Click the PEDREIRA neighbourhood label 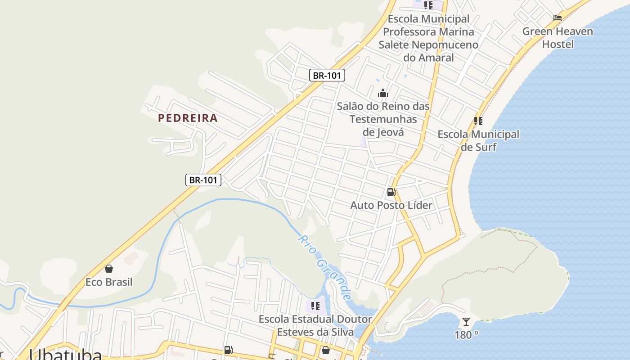[x=188, y=118]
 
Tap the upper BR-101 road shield [x=327, y=75]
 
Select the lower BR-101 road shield [x=203, y=180]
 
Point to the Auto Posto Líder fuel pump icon [x=391, y=193]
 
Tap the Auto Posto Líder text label [x=391, y=205]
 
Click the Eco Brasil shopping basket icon [x=108, y=269]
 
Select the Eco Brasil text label [x=109, y=282]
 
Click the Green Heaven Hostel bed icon [x=558, y=18]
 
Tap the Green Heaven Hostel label [x=558, y=38]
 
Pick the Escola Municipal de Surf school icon [x=478, y=121]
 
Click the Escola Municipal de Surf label [x=478, y=140]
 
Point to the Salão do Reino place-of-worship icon [x=383, y=94]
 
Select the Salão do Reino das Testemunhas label [x=383, y=119]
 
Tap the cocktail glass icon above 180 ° [x=466, y=322]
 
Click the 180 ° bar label [x=466, y=335]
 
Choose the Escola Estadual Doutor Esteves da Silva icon [x=315, y=306]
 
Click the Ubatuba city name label [x=65, y=355]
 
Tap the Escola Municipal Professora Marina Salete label [x=428, y=38]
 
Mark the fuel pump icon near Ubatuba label [x=228, y=350]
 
